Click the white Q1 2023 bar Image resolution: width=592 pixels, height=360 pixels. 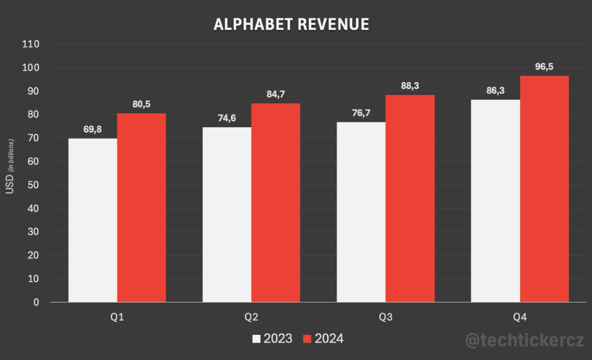pos(93,220)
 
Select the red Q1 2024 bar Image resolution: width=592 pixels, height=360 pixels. pos(142,208)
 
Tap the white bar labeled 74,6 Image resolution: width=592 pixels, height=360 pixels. pos(227,215)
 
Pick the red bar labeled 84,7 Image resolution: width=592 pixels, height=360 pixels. pos(276,203)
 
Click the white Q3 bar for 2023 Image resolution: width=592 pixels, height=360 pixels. pos(361,212)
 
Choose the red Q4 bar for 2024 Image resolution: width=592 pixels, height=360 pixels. pos(544,189)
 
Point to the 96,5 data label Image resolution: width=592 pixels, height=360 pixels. pos(545,67)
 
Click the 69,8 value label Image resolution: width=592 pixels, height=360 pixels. pos(93,129)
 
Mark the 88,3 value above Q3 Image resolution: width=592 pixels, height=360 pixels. pos(409,86)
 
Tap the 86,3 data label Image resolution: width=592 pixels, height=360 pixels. pos(495,91)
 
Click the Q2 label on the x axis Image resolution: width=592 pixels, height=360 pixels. pos(251,318)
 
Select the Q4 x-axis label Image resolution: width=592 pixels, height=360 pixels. pos(520,318)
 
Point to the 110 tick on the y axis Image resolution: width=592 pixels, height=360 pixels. pos(31,44)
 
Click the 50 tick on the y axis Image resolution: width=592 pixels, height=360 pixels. pos(34,185)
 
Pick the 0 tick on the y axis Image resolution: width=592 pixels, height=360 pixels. pos(37,302)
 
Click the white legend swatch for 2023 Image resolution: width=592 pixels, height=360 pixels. pos(257,339)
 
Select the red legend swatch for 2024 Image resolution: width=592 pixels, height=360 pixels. pos(307,339)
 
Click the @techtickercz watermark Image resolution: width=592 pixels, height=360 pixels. pos(524,340)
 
